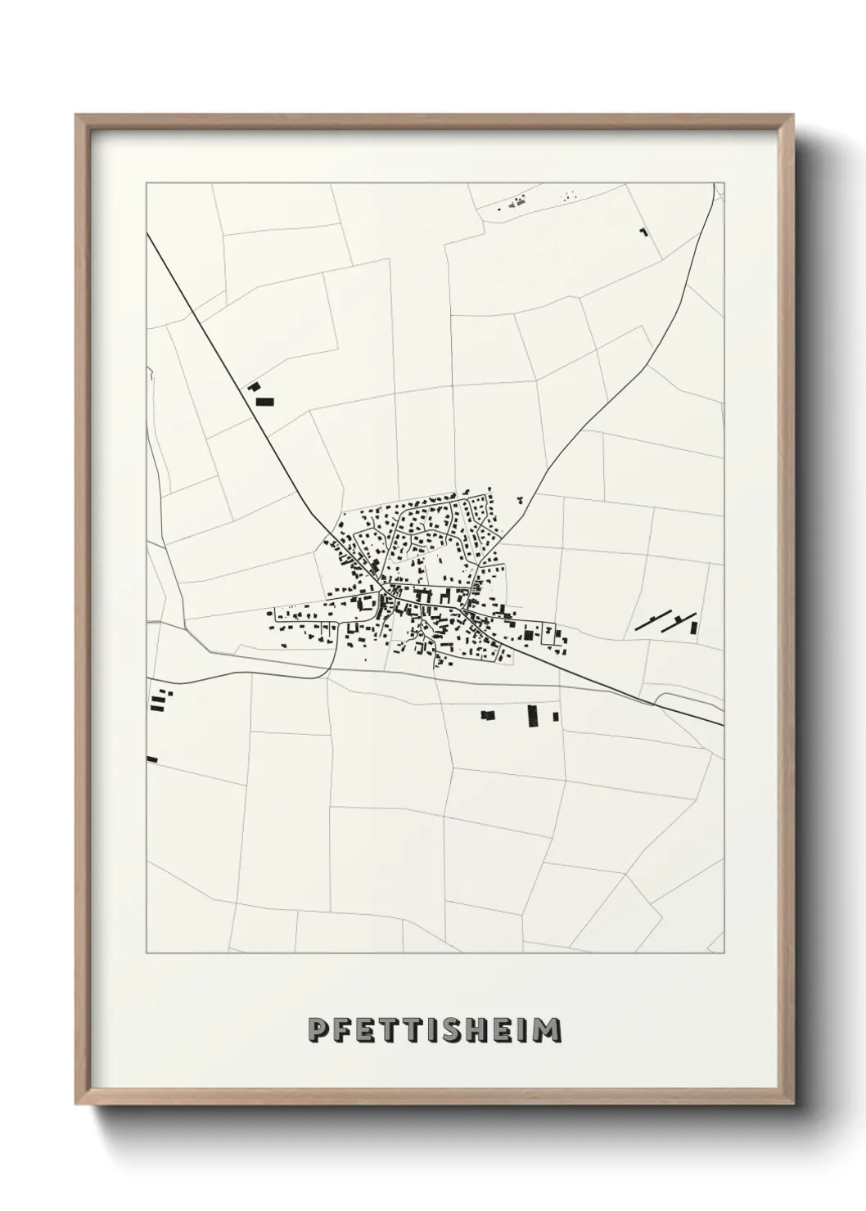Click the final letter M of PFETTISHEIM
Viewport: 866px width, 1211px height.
pyautogui.click(x=549, y=1030)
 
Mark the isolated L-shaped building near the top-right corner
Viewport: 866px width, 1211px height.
pyautogui.click(x=643, y=233)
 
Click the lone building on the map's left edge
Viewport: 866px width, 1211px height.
pyautogui.click(x=151, y=759)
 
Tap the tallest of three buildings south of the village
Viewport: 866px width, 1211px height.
pyautogui.click(x=534, y=716)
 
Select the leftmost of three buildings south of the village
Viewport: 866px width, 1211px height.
pyautogui.click(x=488, y=715)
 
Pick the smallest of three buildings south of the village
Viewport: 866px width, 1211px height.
pyautogui.click(x=556, y=716)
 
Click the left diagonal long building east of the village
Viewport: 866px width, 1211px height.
pyautogui.click(x=653, y=621)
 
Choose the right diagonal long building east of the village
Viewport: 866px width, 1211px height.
pyautogui.click(x=680, y=621)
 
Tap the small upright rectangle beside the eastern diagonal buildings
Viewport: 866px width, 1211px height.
pyautogui.click(x=694, y=628)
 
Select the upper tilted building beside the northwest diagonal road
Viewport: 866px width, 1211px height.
pyautogui.click(x=254, y=386)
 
